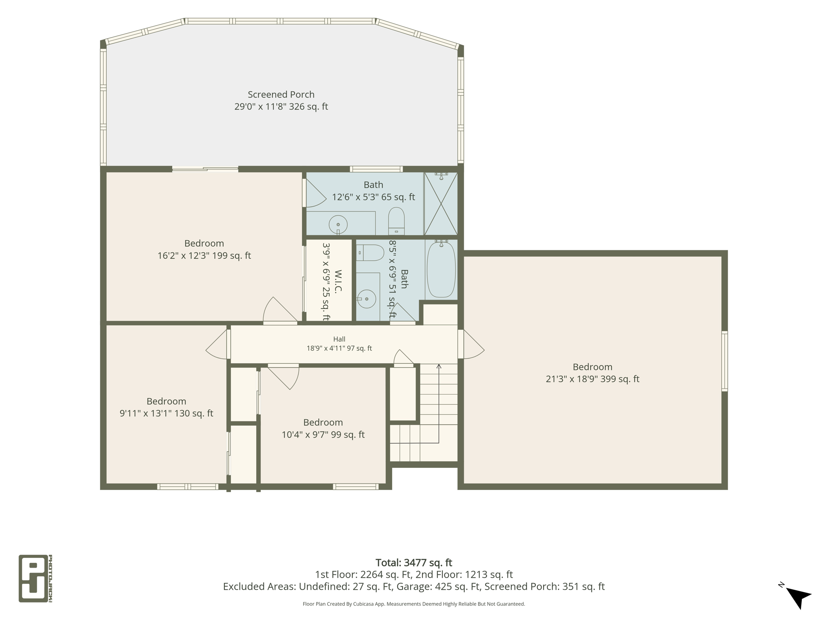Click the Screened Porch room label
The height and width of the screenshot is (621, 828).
281,95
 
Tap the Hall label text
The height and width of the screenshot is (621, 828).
339,339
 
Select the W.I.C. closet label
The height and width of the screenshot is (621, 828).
338,281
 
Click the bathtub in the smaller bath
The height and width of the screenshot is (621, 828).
441,269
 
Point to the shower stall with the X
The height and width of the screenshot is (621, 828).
441,203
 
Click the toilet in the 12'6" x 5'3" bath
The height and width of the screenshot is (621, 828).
396,221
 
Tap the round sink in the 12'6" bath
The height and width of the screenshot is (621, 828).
338,224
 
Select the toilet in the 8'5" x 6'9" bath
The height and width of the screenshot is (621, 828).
370,252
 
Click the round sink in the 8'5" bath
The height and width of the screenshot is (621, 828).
367,299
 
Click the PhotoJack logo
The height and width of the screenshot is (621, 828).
36,578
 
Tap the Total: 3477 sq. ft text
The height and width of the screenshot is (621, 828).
414,563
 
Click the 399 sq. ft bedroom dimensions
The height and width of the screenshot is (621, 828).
592,379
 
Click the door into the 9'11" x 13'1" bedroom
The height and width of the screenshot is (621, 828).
217,344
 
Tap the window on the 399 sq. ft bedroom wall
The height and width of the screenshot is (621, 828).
724,361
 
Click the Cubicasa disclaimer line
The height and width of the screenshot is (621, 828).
414,604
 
